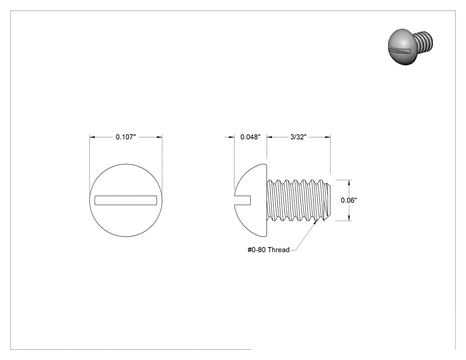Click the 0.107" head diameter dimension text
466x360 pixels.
[x=126, y=137]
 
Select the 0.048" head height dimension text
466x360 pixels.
[x=250, y=137]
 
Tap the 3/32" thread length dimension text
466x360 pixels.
[x=298, y=137]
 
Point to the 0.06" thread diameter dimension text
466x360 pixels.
[x=349, y=200]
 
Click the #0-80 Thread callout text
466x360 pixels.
[x=269, y=250]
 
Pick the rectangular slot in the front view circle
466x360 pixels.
[x=126, y=200]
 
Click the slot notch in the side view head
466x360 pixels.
[x=242, y=200]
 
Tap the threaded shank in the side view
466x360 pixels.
[x=298, y=200]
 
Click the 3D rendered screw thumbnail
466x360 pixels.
[x=411, y=47]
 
